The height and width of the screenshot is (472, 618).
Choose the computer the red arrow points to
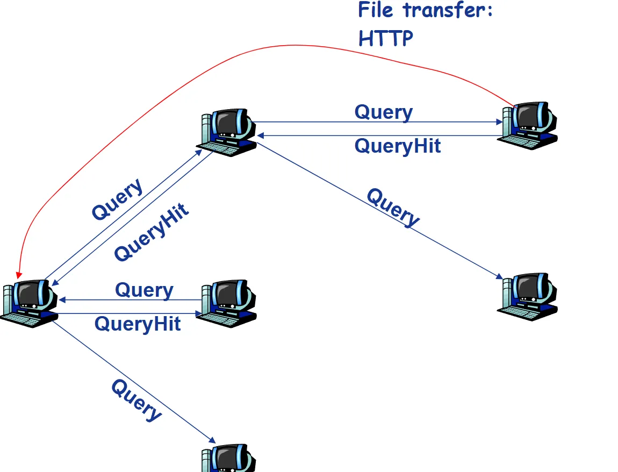click(x=30, y=303)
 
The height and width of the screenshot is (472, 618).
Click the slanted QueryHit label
click(x=152, y=232)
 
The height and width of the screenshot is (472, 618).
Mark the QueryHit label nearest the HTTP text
click(x=398, y=146)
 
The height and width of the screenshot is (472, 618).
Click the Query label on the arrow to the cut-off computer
click(x=136, y=400)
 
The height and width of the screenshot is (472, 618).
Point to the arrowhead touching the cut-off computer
click(x=211, y=440)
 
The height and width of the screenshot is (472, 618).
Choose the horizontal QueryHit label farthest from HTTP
click(x=138, y=324)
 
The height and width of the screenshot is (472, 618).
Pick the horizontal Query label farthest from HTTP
click(x=144, y=290)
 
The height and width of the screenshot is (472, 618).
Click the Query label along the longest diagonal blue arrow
click(x=393, y=207)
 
